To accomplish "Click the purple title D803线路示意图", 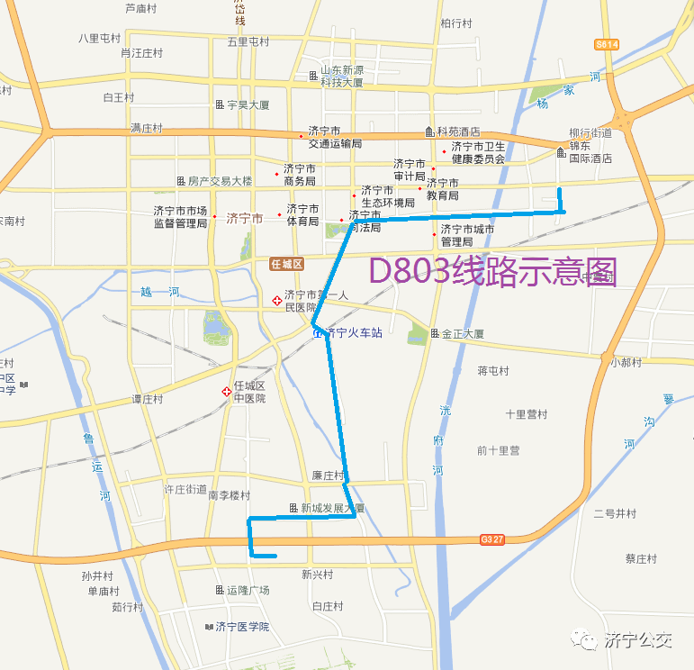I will point(493,269).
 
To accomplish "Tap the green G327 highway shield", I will point(491,539).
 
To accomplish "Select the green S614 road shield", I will point(607,44).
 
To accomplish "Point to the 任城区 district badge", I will point(288,264).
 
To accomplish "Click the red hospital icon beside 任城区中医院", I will point(225,392).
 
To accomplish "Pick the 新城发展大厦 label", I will point(332,509).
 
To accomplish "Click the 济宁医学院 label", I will point(242,627).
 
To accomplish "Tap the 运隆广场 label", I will point(248,591).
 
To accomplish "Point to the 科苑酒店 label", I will point(458,131).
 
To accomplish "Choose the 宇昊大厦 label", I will point(248,105).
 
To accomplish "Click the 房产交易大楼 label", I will point(220,181).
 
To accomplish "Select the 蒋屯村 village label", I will point(493,371).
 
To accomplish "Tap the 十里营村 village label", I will point(526,415).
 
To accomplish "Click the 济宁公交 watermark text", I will point(638,640).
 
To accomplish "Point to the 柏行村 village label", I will point(456,23).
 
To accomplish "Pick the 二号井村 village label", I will point(615,514).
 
